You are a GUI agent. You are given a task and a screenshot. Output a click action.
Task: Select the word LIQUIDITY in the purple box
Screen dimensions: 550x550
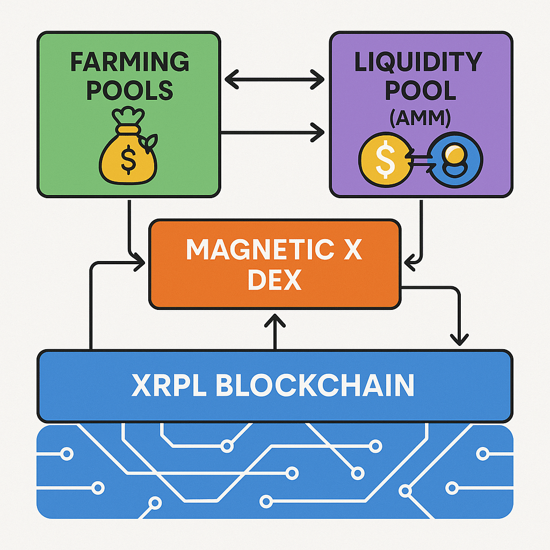(418, 62)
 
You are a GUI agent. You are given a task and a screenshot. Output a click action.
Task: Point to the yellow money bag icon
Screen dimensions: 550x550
(128, 154)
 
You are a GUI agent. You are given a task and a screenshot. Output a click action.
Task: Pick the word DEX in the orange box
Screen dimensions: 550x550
(274, 280)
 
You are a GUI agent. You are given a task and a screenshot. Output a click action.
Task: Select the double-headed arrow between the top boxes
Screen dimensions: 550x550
(274, 81)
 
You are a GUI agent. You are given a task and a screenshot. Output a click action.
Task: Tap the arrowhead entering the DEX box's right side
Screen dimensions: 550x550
(409, 262)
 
